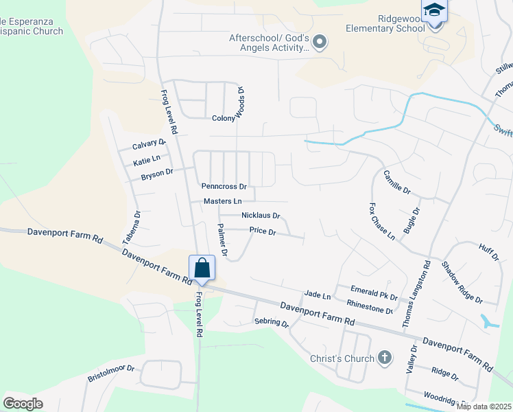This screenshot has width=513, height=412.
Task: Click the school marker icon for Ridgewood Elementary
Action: tap(434, 12)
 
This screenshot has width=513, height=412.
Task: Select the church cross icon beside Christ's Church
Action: tap(385, 358)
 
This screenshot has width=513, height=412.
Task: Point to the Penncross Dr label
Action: tap(224, 186)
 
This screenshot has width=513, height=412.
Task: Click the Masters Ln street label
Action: tap(223, 201)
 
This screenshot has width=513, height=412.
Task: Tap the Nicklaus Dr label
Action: tap(261, 216)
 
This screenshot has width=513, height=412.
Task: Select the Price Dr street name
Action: tap(262, 232)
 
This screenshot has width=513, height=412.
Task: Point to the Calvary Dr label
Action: tap(149, 145)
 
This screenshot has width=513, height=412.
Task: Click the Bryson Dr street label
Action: tap(157, 174)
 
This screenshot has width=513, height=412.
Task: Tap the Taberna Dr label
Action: tap(136, 224)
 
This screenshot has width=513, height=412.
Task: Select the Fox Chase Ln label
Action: tap(382, 221)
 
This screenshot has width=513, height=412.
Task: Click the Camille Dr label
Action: tap(396, 181)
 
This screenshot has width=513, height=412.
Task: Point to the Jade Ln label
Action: tap(318, 296)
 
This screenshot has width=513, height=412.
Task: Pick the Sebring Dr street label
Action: tap(271, 321)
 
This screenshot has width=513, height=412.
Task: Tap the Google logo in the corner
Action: tap(23, 404)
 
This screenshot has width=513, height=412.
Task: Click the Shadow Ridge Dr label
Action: tap(462, 282)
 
